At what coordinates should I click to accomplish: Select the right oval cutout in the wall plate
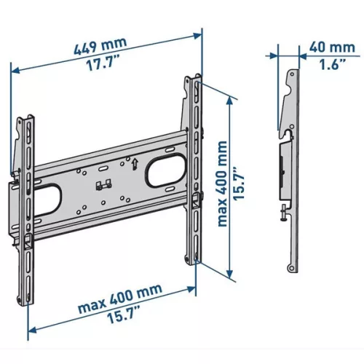[x=166, y=171]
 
